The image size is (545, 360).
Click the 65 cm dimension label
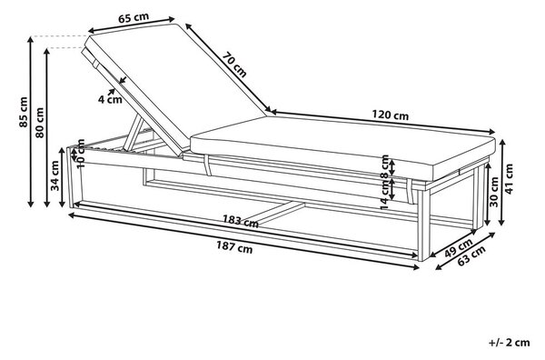(134, 18)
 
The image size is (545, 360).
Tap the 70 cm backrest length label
(234, 65)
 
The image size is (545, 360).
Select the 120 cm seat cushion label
(391, 115)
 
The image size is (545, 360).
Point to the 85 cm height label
(24, 112)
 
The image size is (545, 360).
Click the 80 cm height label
(39, 123)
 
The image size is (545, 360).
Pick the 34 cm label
(55, 175)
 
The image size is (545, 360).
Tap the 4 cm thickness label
(110, 99)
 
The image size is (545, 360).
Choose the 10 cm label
(81, 154)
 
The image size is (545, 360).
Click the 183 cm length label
(241, 221)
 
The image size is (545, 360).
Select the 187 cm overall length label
(234, 247)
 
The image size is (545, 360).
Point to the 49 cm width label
(459, 247)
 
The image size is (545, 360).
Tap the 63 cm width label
(471, 256)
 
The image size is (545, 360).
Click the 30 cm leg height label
(494, 192)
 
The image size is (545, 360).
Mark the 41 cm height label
(509, 179)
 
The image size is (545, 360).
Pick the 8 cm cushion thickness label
(384, 166)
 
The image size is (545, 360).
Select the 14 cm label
(384, 195)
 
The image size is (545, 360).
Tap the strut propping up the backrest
(134, 134)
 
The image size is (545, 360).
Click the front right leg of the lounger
(424, 225)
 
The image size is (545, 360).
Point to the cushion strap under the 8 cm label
(410, 192)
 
